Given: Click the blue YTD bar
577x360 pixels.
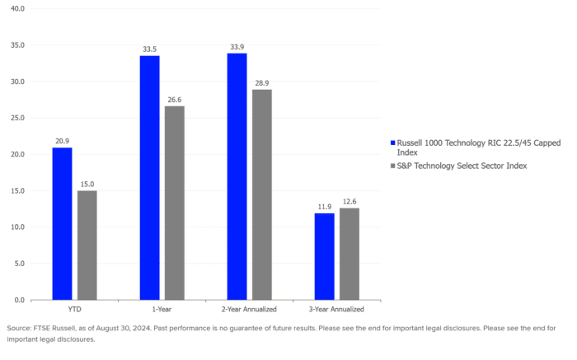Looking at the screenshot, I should click(x=62, y=223).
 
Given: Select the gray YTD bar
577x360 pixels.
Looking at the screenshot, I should click(x=87, y=245).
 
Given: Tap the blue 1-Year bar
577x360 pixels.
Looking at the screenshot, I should click(x=149, y=177).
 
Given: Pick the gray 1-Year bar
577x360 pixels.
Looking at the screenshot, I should click(x=174, y=203).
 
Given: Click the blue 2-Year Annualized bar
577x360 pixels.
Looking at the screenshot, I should click(x=237, y=175).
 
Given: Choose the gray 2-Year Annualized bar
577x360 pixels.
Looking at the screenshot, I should click(x=262, y=194).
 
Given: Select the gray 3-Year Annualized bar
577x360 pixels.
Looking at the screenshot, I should click(x=349, y=254).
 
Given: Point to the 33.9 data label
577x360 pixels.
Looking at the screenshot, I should click(x=237, y=46).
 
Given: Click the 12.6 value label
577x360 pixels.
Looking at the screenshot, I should click(x=349, y=201).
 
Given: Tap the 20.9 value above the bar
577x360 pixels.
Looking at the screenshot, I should click(x=62, y=141).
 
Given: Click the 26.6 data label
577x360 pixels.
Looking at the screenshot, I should click(x=174, y=99).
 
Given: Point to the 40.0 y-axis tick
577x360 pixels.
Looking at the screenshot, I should click(x=17, y=9).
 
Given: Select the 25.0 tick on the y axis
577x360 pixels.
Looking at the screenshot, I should click(x=17, y=118).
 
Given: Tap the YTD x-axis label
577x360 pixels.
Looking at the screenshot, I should click(x=74, y=309).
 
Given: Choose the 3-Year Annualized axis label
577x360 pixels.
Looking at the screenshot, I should click(x=337, y=309).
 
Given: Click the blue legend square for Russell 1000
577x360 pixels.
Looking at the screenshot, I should click(x=392, y=143).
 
